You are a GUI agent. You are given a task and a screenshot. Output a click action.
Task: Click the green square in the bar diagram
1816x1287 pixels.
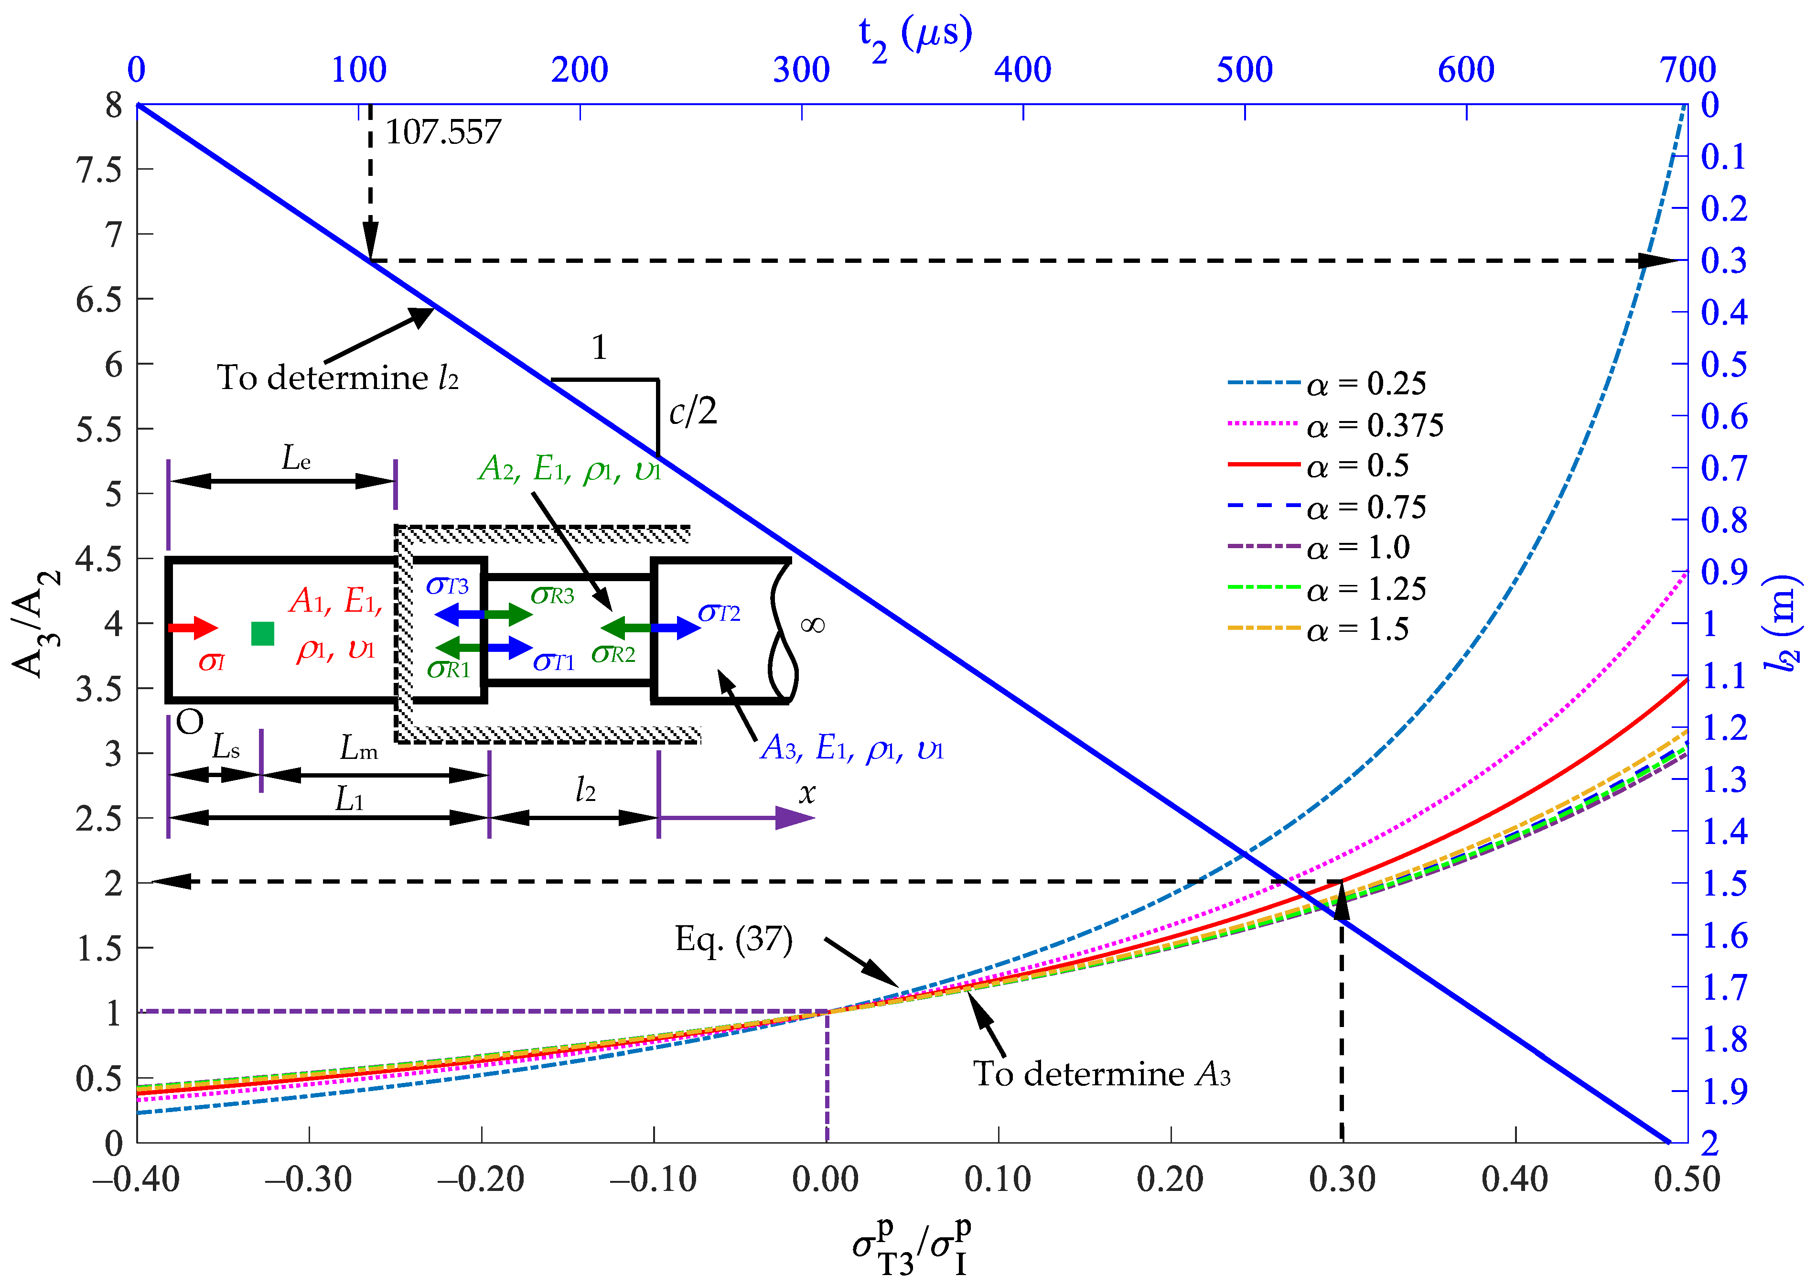[262, 633]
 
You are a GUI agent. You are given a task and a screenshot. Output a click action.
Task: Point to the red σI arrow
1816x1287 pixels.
[193, 627]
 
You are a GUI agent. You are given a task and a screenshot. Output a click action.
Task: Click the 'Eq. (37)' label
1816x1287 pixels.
[734, 940]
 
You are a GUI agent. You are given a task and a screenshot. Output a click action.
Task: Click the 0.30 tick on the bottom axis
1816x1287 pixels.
[1342, 1179]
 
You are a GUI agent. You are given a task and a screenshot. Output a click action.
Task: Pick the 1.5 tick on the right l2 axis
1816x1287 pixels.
[1724, 883]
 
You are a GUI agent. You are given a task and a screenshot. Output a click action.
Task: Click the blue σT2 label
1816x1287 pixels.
[719, 613]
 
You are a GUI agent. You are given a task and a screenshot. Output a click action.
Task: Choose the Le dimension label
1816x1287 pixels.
[296, 458]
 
